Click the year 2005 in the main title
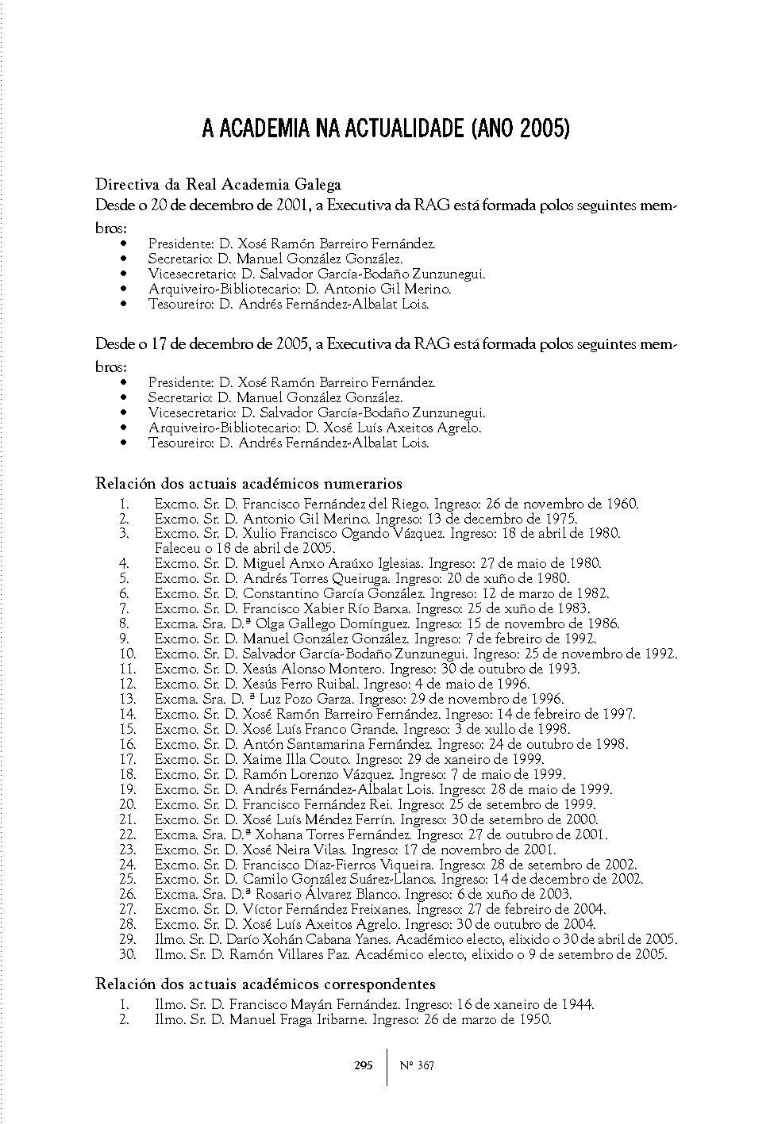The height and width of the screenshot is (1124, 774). [545, 129]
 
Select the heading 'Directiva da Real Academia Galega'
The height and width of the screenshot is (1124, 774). [218, 185]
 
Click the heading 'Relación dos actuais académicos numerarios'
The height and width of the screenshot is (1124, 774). [248, 483]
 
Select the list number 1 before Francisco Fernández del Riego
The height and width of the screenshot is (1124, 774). [125, 504]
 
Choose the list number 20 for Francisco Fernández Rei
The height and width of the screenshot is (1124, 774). [128, 804]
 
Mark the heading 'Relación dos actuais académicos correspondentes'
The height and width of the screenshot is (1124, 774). [265, 984]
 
